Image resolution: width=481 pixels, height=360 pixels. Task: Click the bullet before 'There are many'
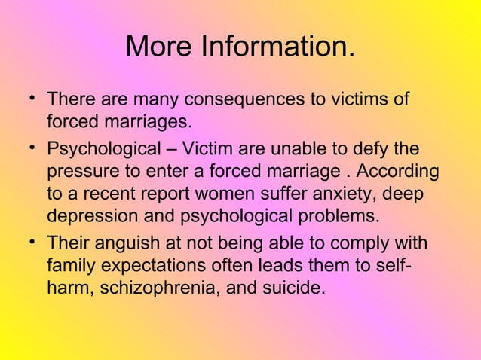tap(27, 99)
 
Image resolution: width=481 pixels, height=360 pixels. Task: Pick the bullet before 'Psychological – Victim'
tap(27, 148)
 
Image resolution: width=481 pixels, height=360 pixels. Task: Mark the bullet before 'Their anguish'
tap(27, 243)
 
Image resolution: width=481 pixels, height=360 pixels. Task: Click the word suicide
tap(294, 289)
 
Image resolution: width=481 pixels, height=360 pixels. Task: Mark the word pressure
tap(81, 172)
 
